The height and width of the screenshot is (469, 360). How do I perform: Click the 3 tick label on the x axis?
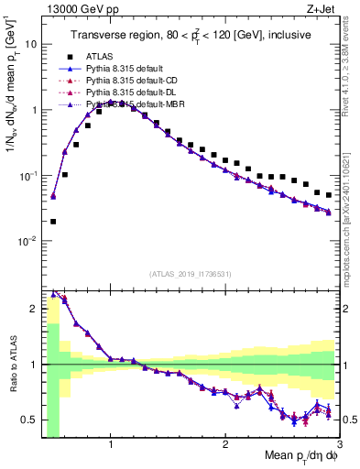click(338, 444)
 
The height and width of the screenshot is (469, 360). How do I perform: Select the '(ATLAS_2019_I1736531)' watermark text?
click(191, 274)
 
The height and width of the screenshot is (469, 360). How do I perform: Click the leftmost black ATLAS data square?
click(53, 221)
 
